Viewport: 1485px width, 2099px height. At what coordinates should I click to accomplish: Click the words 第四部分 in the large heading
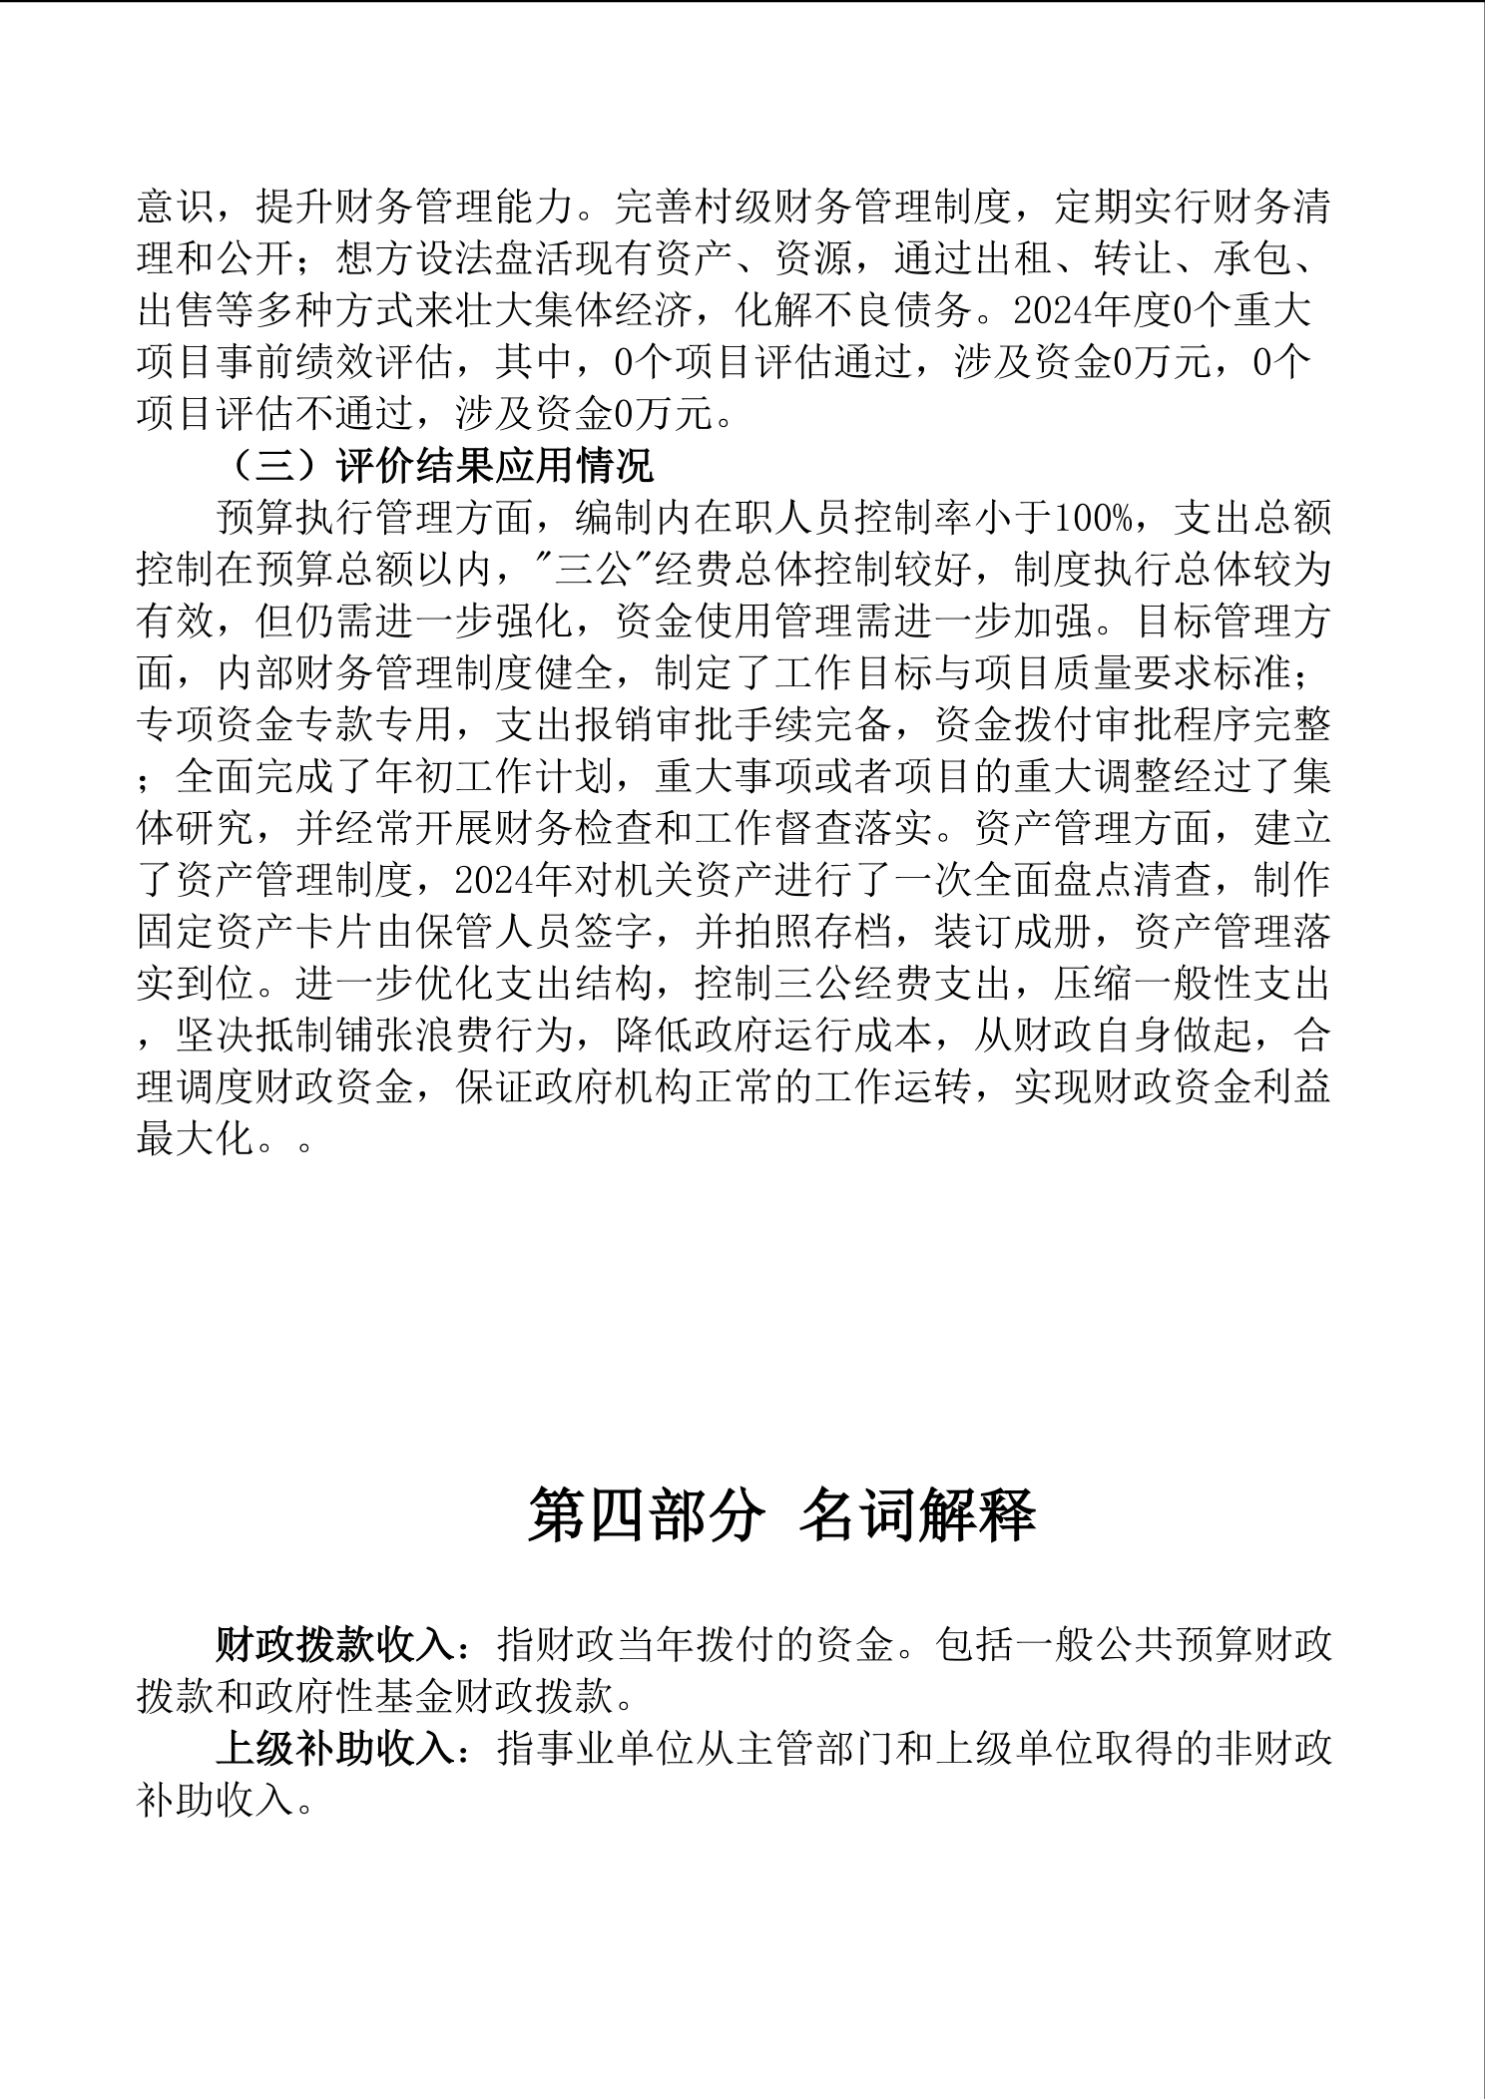pos(645,1514)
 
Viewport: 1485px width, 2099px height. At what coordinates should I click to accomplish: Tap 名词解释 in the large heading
pos(918,1514)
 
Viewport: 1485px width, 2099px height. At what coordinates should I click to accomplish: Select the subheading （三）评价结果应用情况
pos(435,466)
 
